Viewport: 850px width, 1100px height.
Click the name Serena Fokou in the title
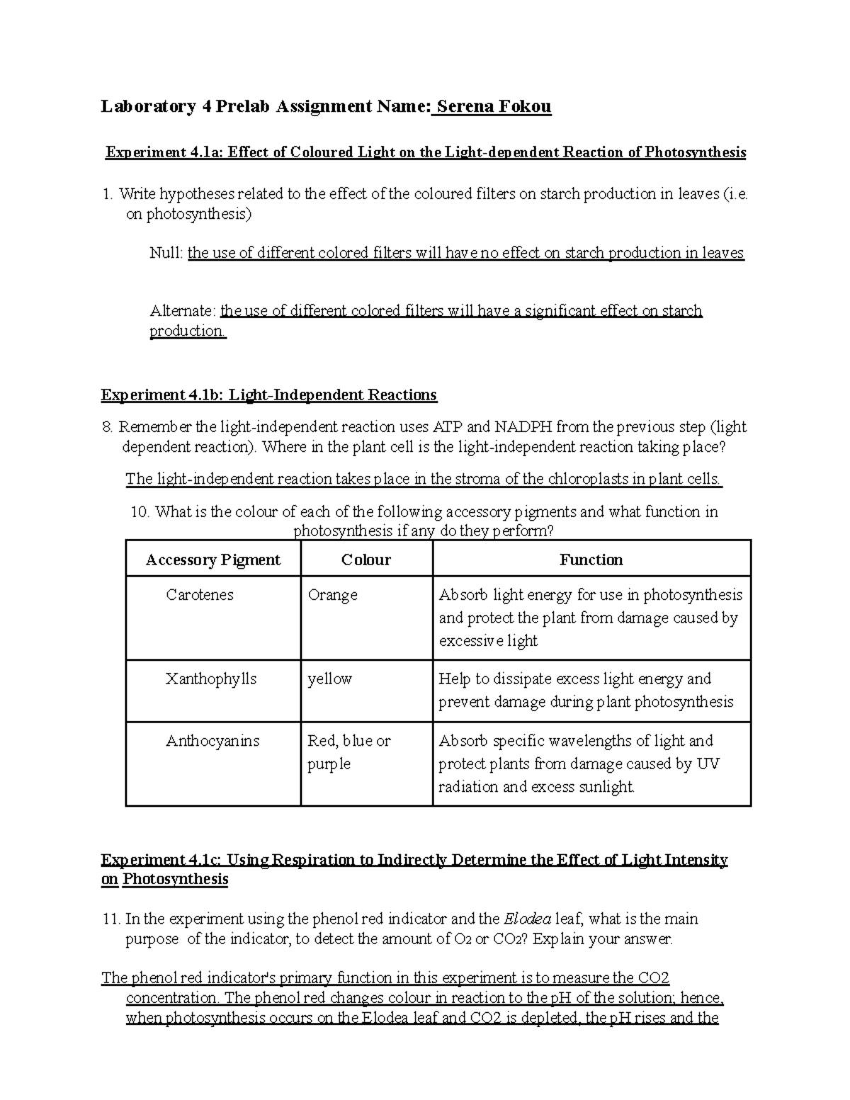tap(494, 107)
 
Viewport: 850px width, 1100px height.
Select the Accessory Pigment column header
tap(212, 560)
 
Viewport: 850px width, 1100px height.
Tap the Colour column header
tap(365, 560)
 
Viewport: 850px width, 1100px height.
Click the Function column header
tap(591, 560)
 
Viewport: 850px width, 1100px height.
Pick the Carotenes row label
tap(199, 595)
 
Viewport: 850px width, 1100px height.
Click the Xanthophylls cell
tap(211, 679)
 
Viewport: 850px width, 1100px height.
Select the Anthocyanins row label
tap(212, 741)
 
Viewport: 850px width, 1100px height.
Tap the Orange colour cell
tap(332, 595)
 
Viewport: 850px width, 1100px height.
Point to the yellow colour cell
tap(329, 679)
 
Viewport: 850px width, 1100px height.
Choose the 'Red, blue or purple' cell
tap(348, 752)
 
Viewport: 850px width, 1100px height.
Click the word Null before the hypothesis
tap(166, 253)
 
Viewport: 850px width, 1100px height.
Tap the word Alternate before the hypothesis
tap(182, 310)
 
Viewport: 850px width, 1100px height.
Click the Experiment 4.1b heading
tap(269, 395)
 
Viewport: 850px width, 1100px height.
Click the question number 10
tap(140, 511)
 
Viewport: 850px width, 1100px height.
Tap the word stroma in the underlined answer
tap(481, 479)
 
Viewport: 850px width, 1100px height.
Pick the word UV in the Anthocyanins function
tap(708, 764)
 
